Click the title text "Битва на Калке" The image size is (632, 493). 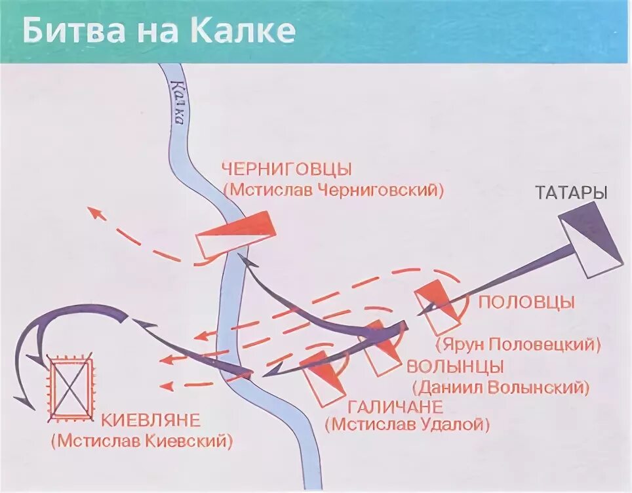[159, 31]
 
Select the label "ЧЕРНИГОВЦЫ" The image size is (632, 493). [287, 169]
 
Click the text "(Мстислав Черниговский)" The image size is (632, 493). [333, 190]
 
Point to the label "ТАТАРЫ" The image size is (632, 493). [570, 193]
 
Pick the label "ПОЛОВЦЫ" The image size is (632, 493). [526, 302]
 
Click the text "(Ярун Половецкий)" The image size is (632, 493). [518, 344]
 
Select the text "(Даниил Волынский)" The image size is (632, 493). [498, 387]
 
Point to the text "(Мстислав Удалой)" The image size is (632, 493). [407, 425]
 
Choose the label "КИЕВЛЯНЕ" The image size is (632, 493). [151, 420]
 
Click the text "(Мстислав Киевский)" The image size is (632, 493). [142, 440]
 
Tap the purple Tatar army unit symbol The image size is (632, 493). [590, 239]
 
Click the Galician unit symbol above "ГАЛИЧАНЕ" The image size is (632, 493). [323, 378]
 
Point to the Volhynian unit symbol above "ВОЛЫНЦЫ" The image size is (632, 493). [383, 347]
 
